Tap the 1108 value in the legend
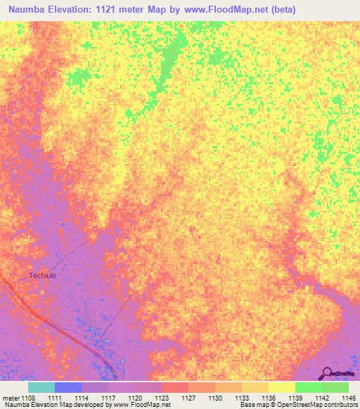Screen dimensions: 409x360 [x=28, y=398]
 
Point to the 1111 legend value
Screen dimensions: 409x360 [x=56, y=398]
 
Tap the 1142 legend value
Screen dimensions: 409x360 [x=323, y=398]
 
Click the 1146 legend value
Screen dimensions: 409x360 [x=347, y=398]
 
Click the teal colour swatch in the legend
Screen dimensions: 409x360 [x=41, y=387]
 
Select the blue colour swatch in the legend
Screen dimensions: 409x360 [x=68, y=387]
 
